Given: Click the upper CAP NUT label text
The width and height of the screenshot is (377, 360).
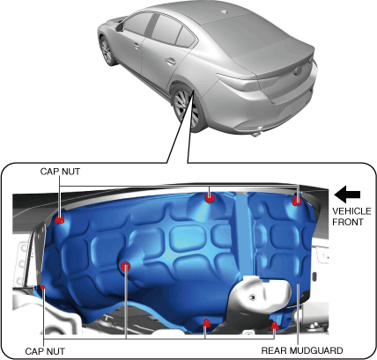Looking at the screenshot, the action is click(60, 172).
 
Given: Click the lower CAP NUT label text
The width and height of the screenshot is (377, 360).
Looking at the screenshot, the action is click(45, 351).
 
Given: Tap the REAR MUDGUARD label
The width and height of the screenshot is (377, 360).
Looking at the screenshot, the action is click(302, 350).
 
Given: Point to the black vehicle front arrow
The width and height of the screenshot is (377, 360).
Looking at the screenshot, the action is click(347, 195).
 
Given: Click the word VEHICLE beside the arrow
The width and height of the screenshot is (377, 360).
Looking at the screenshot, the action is click(351, 211).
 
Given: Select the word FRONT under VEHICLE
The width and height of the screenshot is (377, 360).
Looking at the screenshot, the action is click(348, 222).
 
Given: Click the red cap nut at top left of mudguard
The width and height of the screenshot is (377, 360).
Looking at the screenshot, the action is click(60, 219).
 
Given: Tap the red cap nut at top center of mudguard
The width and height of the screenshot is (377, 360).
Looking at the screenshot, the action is click(210, 198).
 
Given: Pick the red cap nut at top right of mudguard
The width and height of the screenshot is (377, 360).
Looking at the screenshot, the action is click(297, 201).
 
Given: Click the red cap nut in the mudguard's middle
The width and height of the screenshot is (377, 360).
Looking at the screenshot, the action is click(126, 267).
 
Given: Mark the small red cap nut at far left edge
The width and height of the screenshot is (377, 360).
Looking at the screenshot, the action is click(42, 287).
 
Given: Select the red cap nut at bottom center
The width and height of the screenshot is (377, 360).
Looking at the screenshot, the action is click(207, 323).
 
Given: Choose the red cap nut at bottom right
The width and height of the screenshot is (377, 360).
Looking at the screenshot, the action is click(274, 325).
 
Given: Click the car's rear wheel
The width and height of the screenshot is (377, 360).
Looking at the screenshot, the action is click(186, 108).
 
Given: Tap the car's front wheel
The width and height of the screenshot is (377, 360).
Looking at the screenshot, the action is click(107, 51).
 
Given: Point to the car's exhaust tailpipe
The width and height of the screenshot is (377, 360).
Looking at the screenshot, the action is click(256, 134).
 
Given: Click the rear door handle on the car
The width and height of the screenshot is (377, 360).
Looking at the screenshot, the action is click(171, 62).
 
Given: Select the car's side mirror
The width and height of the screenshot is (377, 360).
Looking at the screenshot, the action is click(119, 27).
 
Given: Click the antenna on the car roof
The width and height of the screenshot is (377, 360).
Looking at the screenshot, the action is click(224, 11).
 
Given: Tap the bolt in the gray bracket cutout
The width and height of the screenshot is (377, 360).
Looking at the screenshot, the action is click(252, 298).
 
